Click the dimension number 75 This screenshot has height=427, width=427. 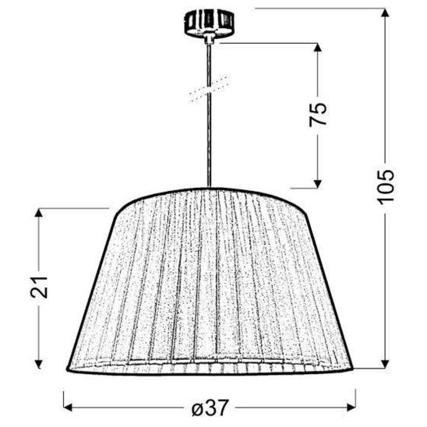(x=318, y=115)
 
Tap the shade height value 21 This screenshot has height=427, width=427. (x=39, y=288)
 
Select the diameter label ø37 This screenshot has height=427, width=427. (x=209, y=408)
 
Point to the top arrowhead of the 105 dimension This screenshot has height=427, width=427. (x=385, y=13)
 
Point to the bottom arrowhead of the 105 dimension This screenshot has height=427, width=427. (x=385, y=364)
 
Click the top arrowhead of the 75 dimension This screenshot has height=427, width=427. (x=318, y=48)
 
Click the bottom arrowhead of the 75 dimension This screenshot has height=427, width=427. (x=318, y=184)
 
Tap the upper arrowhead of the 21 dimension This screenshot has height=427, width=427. (x=39, y=213)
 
